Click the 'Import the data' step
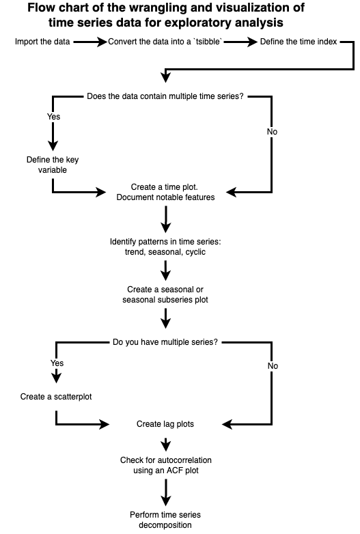point(42,42)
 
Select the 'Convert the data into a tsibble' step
point(165,42)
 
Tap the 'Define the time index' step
point(299,42)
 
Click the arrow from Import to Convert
point(90,42)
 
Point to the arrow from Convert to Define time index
point(240,42)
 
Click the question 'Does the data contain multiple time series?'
point(165,96)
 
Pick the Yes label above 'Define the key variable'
point(53,117)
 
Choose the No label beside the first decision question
point(272,132)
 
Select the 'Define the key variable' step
point(53,165)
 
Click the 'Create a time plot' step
point(165,192)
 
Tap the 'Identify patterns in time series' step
point(165,247)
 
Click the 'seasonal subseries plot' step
point(165,294)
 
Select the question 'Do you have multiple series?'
point(165,342)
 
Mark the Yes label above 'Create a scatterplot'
point(57,363)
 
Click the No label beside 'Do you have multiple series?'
point(273,366)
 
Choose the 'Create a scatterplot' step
point(56,397)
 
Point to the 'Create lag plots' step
point(165,424)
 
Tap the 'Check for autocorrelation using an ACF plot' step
point(166,465)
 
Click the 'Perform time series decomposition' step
point(165,520)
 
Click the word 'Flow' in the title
point(41,8)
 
